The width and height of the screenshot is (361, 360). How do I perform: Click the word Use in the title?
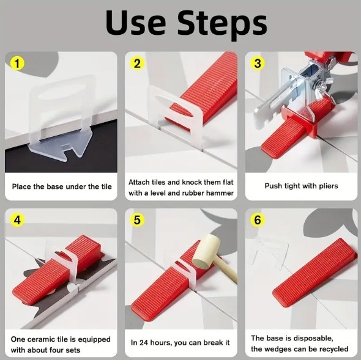(x=136, y=23)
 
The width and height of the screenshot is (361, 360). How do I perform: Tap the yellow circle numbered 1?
(x=17, y=64)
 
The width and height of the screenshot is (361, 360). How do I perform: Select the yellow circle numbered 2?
(x=137, y=64)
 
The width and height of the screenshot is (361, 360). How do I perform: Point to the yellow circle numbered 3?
(x=258, y=64)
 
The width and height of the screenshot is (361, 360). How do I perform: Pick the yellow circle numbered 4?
(x=17, y=220)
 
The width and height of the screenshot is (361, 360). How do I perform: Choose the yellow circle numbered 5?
(x=137, y=220)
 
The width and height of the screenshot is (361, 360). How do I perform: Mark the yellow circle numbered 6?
(x=258, y=220)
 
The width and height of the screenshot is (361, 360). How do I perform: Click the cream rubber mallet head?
(x=207, y=251)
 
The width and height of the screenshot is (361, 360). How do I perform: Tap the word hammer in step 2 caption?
(x=220, y=193)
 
